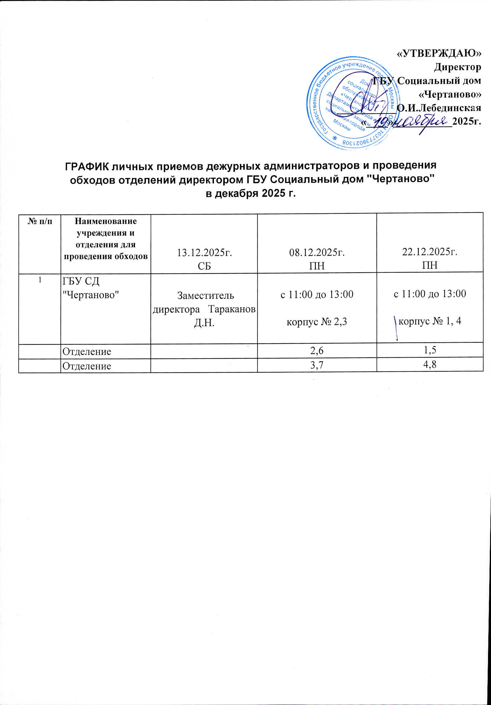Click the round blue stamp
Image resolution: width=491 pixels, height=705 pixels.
(x=353, y=103)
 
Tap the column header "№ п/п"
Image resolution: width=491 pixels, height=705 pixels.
(x=39, y=221)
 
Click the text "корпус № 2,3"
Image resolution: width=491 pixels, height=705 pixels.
(x=317, y=322)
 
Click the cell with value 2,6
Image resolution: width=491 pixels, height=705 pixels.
(x=317, y=351)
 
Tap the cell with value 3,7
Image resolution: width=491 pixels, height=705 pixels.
(x=317, y=366)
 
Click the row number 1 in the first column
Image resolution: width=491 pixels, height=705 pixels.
(x=39, y=280)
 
